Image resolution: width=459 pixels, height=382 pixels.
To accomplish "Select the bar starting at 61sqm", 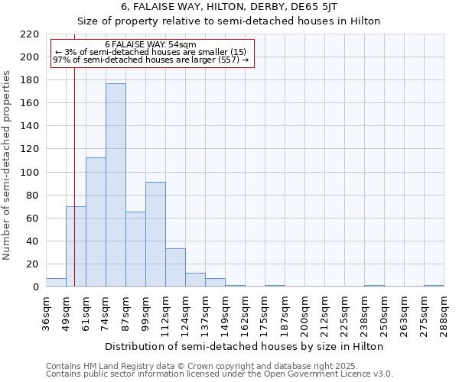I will (96, 222).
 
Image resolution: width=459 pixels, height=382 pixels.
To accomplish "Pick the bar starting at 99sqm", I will (155, 234).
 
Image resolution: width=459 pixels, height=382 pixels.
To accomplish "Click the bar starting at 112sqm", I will (175, 267).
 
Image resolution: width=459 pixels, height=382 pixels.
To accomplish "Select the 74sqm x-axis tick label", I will (106, 312).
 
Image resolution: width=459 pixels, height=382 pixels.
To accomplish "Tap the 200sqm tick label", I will (305, 315).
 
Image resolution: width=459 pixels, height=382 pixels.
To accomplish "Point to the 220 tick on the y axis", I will (30, 34).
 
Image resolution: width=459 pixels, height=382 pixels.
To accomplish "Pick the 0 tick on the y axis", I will (35, 287).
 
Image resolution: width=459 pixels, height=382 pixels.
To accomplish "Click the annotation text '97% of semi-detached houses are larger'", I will (151, 60).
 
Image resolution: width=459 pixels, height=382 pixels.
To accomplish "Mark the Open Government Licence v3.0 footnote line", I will (219, 374).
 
